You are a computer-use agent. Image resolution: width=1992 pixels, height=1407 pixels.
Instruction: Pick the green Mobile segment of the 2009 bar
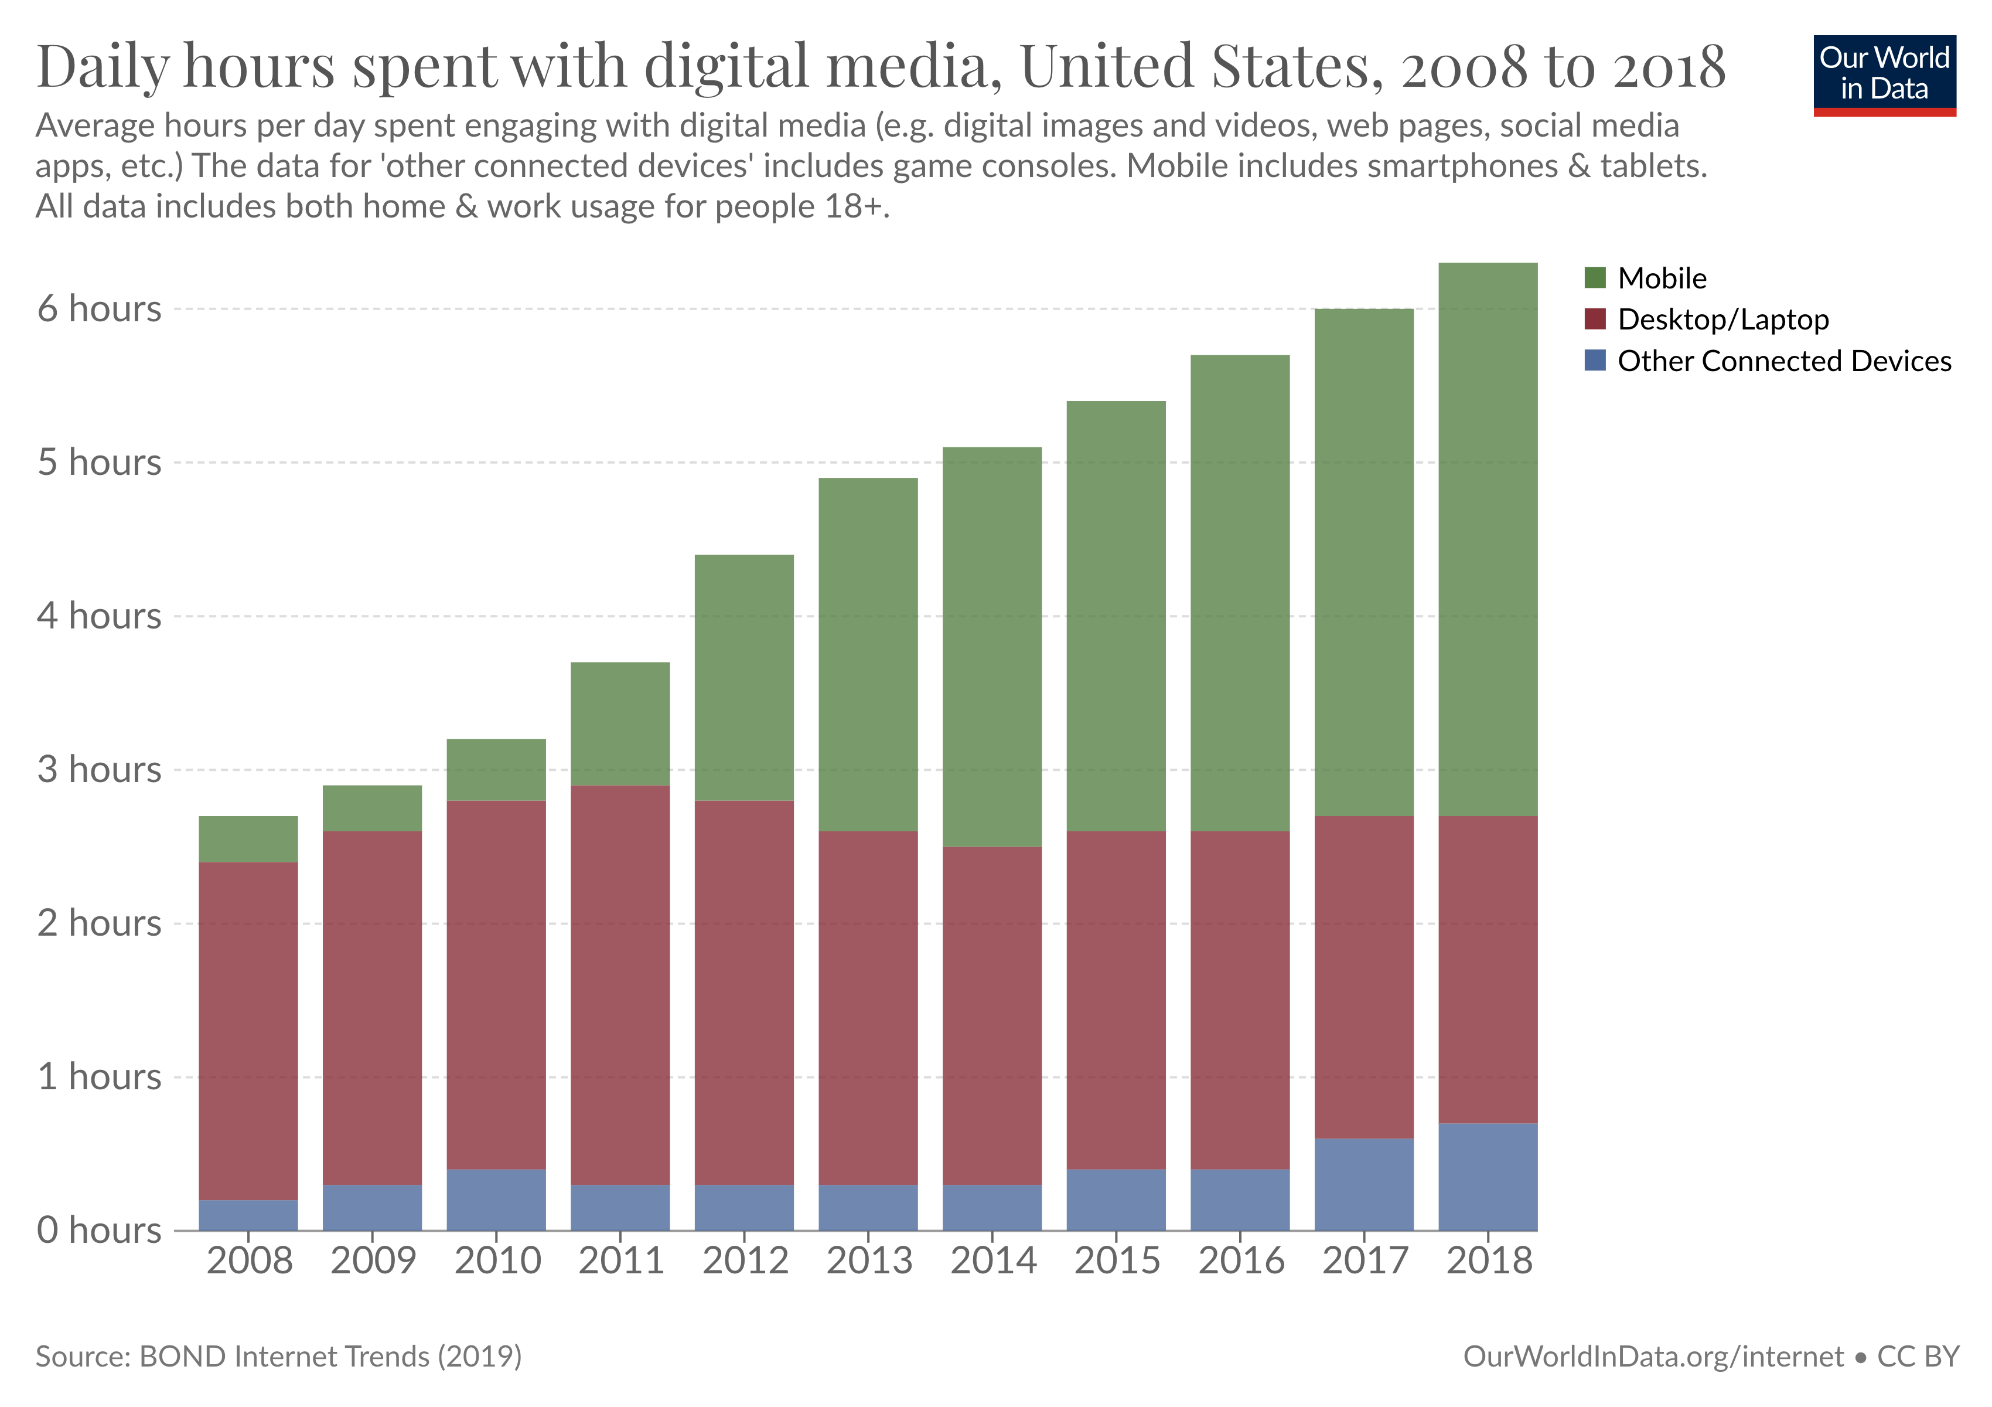click(x=372, y=808)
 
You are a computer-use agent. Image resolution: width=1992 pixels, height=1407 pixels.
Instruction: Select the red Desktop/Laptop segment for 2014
click(x=992, y=1015)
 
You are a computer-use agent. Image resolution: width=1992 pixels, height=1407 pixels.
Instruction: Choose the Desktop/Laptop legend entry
click(x=1722, y=320)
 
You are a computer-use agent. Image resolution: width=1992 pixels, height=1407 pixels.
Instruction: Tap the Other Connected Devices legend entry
click(x=1783, y=361)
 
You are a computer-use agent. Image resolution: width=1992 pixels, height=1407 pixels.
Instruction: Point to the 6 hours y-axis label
click(x=99, y=309)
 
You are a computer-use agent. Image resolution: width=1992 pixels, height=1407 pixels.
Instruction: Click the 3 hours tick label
click(x=99, y=770)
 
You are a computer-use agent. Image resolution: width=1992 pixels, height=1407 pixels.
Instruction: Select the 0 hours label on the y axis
click(x=99, y=1230)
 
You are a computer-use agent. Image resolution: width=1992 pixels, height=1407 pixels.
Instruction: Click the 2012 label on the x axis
click(x=745, y=1260)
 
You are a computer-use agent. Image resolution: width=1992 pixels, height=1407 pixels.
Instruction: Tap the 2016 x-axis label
click(x=1241, y=1260)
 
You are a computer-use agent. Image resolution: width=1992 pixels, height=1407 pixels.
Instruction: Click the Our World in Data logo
click(x=1884, y=74)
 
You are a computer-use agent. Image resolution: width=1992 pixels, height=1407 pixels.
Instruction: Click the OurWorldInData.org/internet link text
click(x=1653, y=1356)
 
